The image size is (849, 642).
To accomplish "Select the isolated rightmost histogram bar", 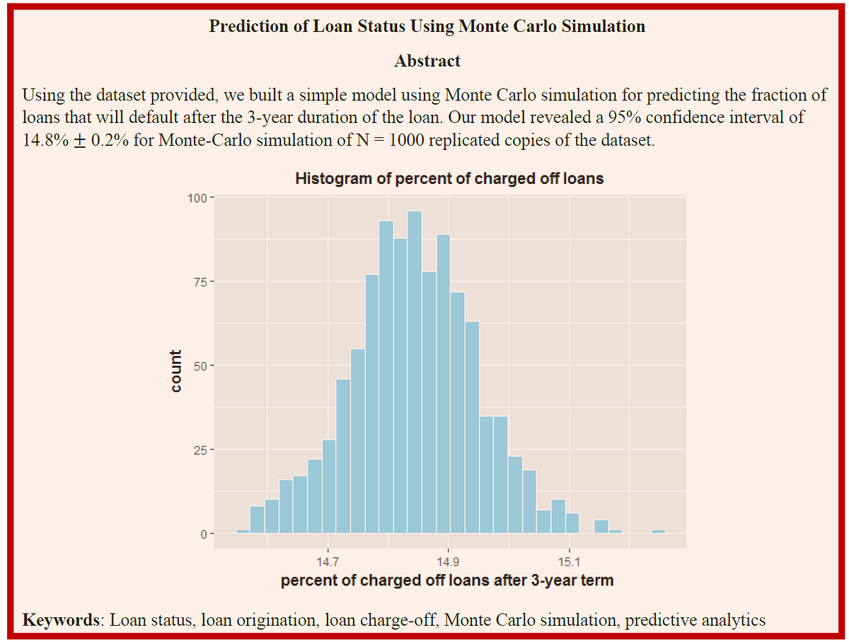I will tap(659, 531).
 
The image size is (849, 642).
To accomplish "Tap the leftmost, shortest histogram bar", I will tap(243, 531).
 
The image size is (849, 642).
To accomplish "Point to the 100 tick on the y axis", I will tap(195, 198).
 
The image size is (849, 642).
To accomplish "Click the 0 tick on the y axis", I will tap(202, 534).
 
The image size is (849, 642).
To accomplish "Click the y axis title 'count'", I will tap(175, 371).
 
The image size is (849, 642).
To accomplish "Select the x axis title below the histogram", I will tap(447, 581).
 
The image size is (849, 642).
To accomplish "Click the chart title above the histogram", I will tap(449, 178).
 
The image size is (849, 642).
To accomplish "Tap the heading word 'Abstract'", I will tap(427, 62).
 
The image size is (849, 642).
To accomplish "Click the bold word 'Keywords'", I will tap(61, 620).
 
